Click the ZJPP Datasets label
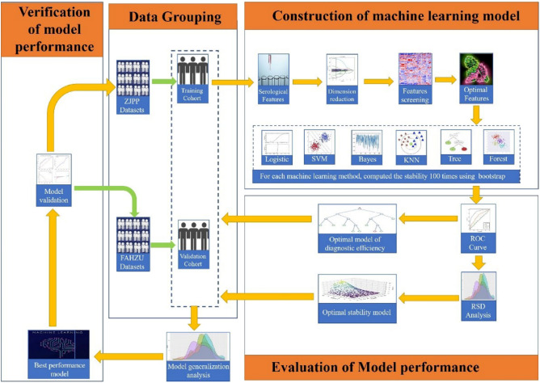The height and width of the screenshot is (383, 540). click(131, 107)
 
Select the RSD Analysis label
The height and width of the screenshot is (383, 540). click(479, 309)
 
